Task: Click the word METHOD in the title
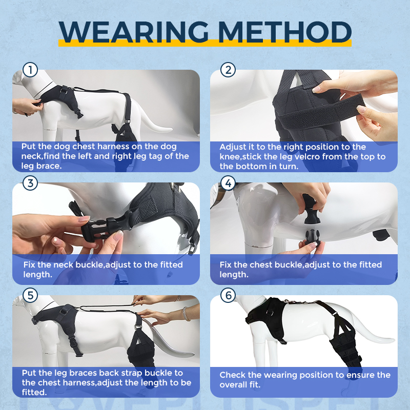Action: (284, 32)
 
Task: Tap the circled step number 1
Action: (30, 70)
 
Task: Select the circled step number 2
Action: (228, 70)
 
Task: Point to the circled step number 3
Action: (30, 183)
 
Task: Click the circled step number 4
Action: (228, 183)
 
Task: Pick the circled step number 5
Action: (30, 295)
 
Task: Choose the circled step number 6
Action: (228, 295)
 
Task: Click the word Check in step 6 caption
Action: (233, 375)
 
